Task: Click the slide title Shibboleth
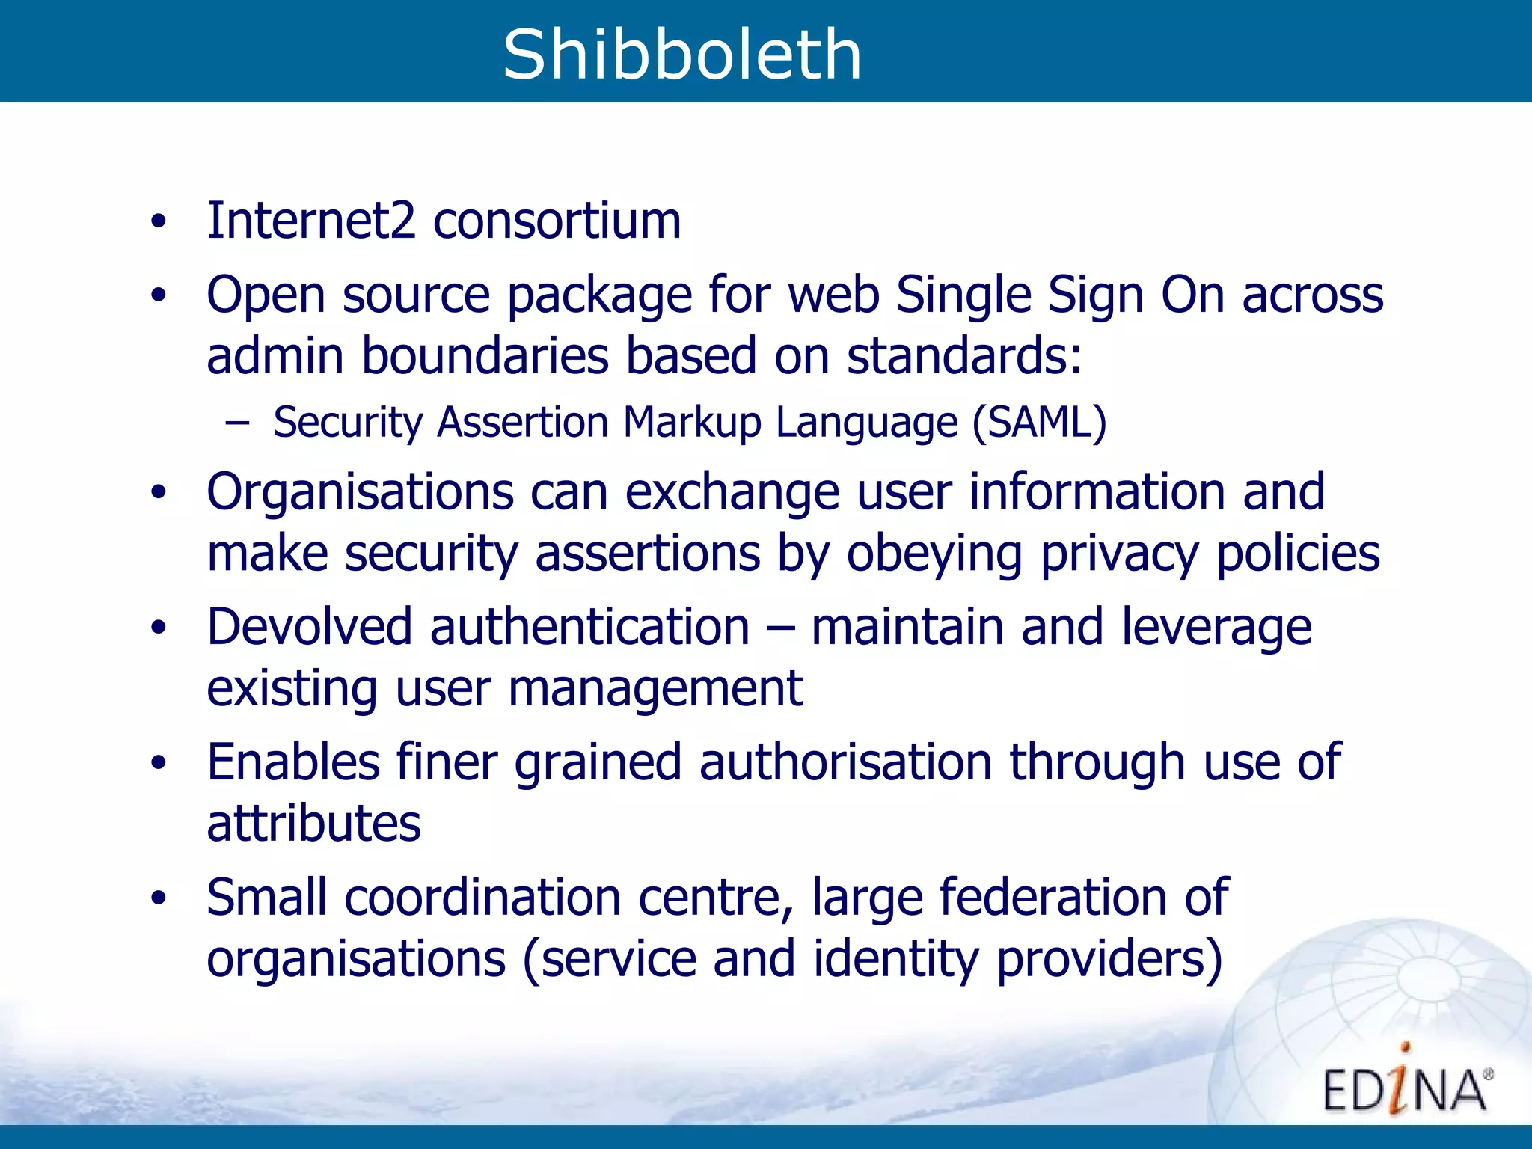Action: tap(681, 54)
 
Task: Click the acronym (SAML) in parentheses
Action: tap(1039, 423)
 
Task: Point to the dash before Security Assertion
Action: tap(237, 423)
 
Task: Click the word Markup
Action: tap(692, 423)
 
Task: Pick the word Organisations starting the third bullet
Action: tap(360, 492)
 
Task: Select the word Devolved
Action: tap(309, 627)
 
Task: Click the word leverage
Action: tap(1216, 627)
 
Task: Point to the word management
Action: tap(655, 688)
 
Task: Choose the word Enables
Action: tap(293, 762)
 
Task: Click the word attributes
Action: tap(313, 824)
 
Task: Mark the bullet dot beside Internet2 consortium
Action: tap(158, 221)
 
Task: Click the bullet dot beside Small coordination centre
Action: tap(158, 898)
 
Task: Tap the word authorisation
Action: tap(845, 762)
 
